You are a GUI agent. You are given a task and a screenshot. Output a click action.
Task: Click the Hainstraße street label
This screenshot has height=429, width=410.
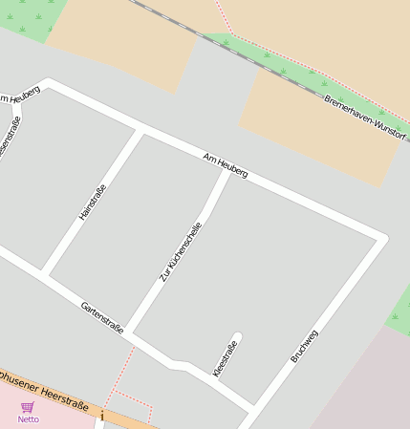(x=93, y=203)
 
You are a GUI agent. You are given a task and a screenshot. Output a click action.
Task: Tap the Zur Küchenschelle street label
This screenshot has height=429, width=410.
(x=181, y=252)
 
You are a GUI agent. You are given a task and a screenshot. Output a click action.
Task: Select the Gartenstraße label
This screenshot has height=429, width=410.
(x=102, y=318)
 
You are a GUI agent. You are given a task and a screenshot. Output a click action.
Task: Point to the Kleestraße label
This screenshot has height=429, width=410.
(x=225, y=358)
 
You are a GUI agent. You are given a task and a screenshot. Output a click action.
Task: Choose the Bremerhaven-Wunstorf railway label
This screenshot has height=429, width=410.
(x=364, y=118)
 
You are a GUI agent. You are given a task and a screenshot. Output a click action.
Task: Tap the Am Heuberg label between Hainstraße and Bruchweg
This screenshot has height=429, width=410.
(x=226, y=165)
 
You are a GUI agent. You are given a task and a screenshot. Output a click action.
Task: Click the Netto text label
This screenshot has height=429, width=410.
(x=29, y=419)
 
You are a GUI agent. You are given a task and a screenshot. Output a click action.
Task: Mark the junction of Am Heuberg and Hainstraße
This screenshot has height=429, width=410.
(x=140, y=130)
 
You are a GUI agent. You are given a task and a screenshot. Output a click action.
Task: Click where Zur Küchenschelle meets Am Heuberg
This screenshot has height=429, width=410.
(x=228, y=170)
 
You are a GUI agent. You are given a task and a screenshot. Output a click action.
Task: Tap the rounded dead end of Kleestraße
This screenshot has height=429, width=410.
(x=237, y=336)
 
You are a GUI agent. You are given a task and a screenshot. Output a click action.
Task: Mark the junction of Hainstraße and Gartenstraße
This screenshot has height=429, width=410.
(x=45, y=275)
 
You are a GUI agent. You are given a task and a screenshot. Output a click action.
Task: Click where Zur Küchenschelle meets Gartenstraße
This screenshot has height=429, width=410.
(x=130, y=333)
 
